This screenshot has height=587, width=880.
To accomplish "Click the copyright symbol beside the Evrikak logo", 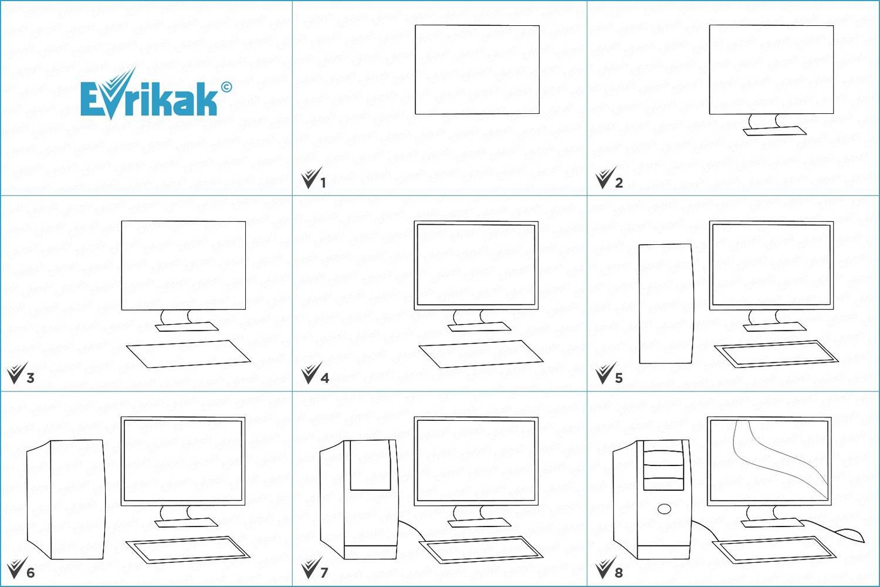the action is click(226, 87).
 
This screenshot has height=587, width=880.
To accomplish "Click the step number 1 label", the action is click(323, 183).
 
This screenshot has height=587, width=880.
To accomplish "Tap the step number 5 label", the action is click(619, 378).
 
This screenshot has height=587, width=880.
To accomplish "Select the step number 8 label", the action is click(619, 573).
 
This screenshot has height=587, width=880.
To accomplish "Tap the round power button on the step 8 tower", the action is click(664, 510).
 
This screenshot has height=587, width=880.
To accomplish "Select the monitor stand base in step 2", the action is click(775, 131).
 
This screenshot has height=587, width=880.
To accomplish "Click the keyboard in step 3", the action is click(188, 354).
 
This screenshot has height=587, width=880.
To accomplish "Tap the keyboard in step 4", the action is click(481, 354).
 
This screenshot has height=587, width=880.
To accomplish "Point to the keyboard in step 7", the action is click(481, 549).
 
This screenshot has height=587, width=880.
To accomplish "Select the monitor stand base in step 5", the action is click(775, 327).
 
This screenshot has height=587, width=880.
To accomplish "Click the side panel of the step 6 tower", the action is click(39, 500).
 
